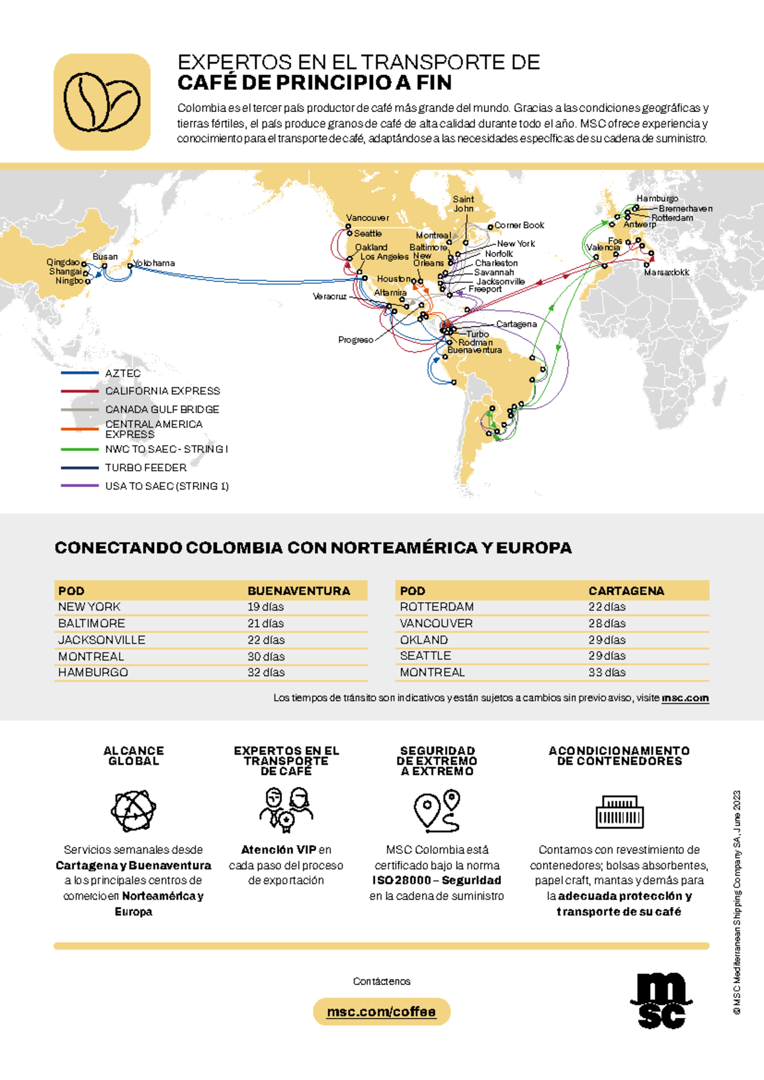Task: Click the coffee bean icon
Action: [x=102, y=102]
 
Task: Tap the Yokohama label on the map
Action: [x=155, y=263]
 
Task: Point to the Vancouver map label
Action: [x=367, y=218]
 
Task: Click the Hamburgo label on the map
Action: [x=657, y=199]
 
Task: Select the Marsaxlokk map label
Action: [x=667, y=273]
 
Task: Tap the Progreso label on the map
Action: [x=355, y=340]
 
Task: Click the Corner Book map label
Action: [x=520, y=225]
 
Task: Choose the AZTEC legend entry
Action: [x=122, y=373]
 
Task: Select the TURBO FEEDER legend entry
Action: [x=146, y=467]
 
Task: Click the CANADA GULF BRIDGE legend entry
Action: [x=162, y=409]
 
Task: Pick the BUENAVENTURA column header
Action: [x=299, y=591]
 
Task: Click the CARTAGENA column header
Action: [x=626, y=591]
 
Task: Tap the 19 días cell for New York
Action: [x=265, y=607]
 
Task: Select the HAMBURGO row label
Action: [x=93, y=672]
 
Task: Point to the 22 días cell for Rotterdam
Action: [x=607, y=607]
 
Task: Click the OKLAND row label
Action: [x=424, y=640]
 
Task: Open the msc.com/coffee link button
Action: [x=381, y=1012]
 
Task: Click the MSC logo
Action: [x=661, y=1000]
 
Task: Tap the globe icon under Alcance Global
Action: [x=133, y=811]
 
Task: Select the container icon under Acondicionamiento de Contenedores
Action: [x=619, y=812]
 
